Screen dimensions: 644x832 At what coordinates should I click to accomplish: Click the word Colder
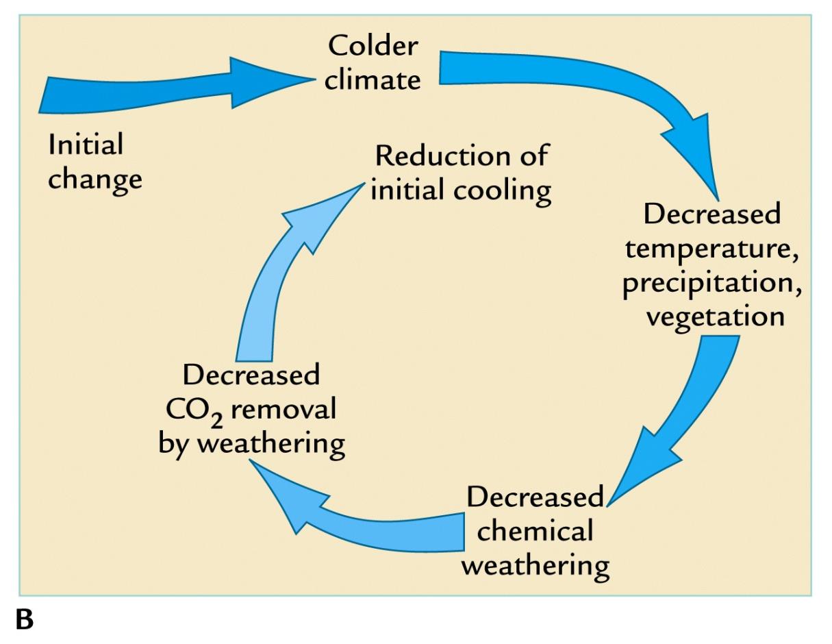[x=372, y=47]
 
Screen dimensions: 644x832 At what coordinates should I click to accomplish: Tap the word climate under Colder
[x=372, y=80]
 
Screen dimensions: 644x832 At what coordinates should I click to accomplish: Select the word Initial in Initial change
[x=86, y=145]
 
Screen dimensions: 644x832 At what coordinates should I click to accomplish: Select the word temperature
[x=712, y=248]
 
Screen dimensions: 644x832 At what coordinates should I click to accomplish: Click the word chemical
[x=535, y=531]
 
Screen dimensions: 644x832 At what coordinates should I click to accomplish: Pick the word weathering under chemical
[x=540, y=566]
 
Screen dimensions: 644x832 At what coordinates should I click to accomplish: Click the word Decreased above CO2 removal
[x=252, y=375]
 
